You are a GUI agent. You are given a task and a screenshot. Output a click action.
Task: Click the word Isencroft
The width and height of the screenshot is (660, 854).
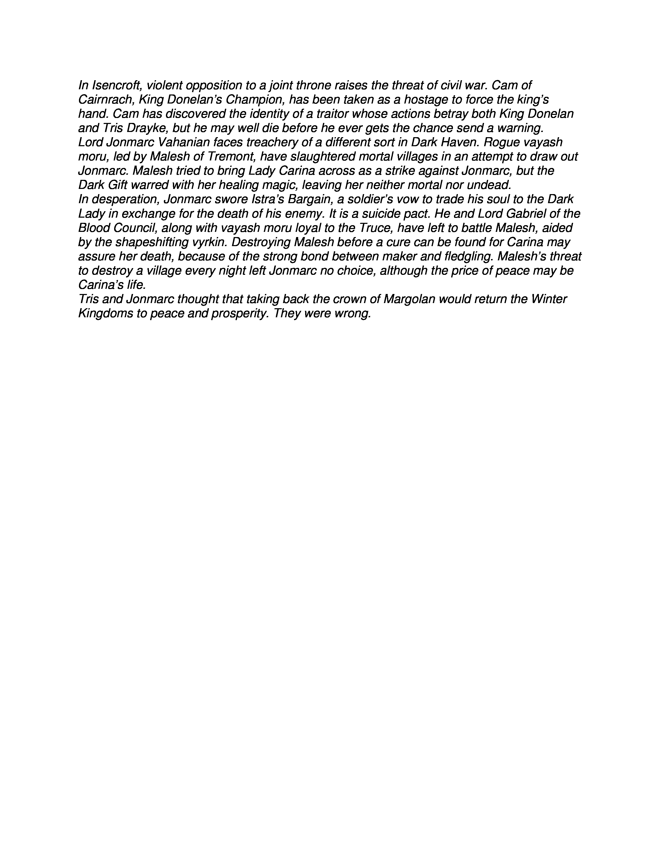pyautogui.click(x=116, y=86)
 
